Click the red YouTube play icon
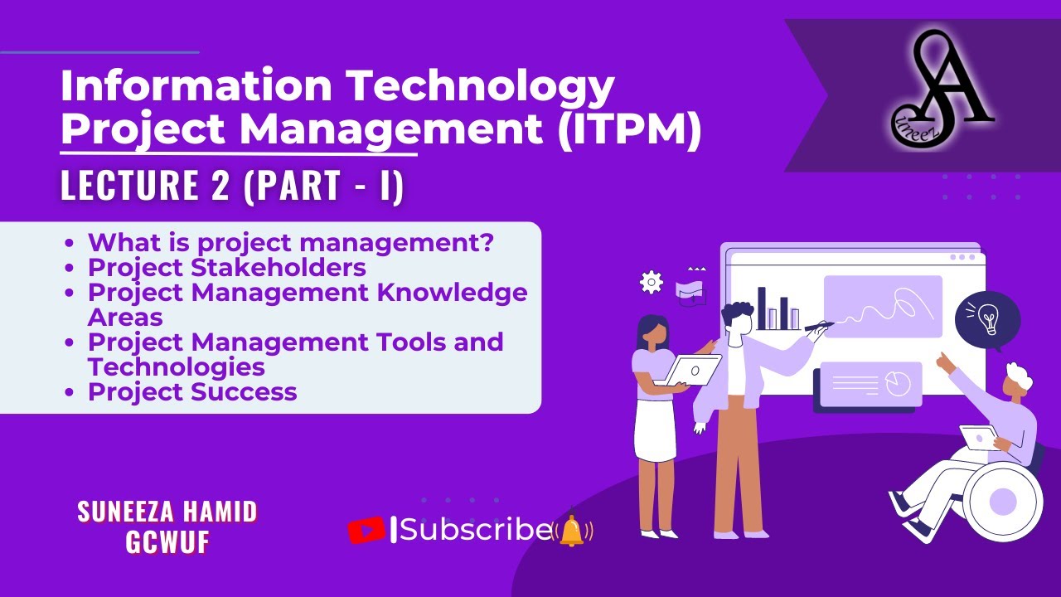366,530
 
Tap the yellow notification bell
572,530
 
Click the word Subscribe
476,529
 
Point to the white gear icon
652,282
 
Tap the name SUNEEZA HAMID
167,512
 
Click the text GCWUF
167,541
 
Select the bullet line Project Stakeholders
227,268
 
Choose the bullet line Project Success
192,391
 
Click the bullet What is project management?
291,243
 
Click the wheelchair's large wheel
1003,501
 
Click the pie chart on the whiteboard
898,383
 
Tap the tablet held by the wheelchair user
979,437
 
